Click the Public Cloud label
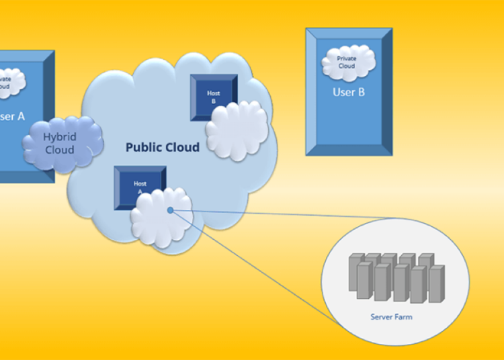163,147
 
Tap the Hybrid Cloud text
60,144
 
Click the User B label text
349,92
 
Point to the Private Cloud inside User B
347,62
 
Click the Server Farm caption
391,316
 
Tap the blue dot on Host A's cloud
171,210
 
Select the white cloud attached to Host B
237,131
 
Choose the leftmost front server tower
364,281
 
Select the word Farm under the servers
403,316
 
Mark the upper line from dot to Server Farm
282,214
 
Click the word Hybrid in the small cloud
60,137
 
